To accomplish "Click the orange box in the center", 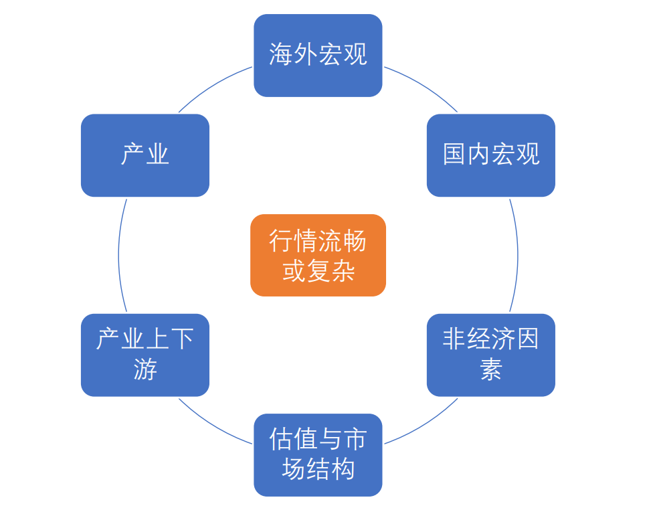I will click(x=318, y=255).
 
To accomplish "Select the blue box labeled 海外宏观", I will click(x=318, y=55).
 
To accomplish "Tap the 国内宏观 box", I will click(x=490, y=155).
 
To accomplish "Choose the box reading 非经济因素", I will click(x=490, y=355).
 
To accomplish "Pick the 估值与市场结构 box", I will click(x=318, y=455).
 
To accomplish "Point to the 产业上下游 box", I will click(x=145, y=355).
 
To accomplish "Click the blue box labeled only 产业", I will click(x=145, y=155).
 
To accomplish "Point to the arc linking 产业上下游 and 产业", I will click(x=119, y=255).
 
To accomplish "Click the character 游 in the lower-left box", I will click(x=145, y=369).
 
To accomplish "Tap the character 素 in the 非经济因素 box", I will click(x=490, y=369).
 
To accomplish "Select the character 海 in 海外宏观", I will click(x=281, y=55).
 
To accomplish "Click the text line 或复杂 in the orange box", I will click(x=318, y=271).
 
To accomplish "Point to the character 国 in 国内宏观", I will click(x=454, y=155).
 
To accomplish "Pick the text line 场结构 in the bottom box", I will click(x=318, y=469).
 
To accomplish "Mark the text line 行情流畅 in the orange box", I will click(x=318, y=241).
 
